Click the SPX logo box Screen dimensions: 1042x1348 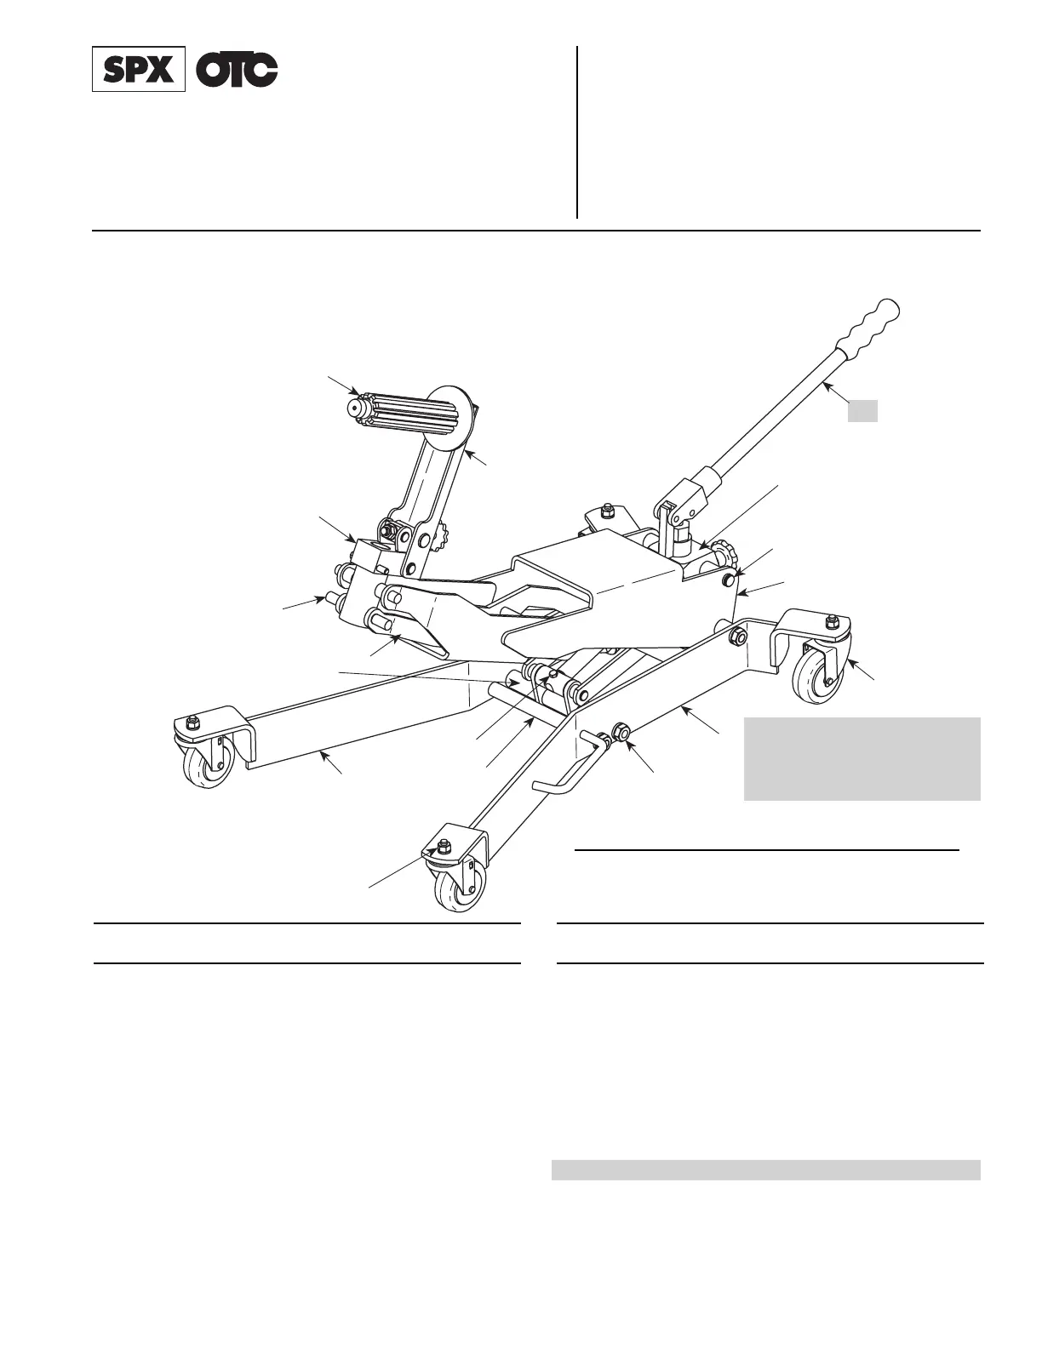tap(139, 71)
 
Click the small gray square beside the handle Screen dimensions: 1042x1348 tap(862, 411)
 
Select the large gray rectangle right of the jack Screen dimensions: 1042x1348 tap(862, 759)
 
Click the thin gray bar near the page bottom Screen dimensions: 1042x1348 tap(766, 1170)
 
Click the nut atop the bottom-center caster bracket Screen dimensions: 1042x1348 tap(442, 847)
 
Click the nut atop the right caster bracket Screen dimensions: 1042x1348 tap(831, 620)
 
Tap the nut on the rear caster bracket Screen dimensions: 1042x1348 tap(607, 512)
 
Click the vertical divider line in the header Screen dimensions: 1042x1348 tap(577, 132)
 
